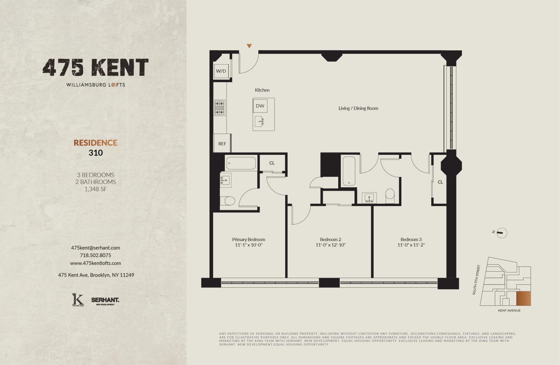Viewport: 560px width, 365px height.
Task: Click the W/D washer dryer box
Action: (x=221, y=71)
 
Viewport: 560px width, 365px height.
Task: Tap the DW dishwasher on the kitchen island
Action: (x=260, y=106)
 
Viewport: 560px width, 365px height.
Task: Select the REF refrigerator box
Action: (x=222, y=144)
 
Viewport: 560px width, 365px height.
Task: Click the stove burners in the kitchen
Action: (x=220, y=108)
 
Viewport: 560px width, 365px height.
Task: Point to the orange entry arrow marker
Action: (x=249, y=46)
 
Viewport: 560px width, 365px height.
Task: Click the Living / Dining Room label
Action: (x=358, y=108)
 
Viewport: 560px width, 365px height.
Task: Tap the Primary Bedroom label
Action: (x=249, y=240)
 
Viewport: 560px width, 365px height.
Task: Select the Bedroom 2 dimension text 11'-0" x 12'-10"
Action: (x=330, y=245)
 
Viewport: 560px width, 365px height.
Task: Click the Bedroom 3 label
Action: (x=411, y=240)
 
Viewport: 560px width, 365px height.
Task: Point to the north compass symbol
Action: (x=502, y=233)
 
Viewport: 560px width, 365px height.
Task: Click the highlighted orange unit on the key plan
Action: (x=523, y=299)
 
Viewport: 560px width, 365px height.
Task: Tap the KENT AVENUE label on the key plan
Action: (x=509, y=311)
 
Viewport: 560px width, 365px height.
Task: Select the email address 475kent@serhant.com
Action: (x=96, y=248)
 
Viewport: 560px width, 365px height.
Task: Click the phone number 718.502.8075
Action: (x=96, y=255)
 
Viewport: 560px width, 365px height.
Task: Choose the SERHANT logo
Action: (x=105, y=300)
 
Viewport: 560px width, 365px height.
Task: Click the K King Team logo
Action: (x=78, y=300)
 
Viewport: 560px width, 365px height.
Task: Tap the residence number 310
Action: (x=96, y=153)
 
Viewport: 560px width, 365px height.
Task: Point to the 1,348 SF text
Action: (x=96, y=189)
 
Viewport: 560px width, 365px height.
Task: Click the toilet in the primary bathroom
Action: (x=227, y=201)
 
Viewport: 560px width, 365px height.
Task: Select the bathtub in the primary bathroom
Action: (x=241, y=163)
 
